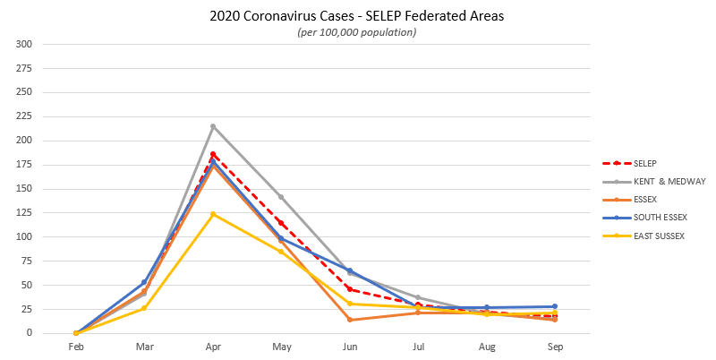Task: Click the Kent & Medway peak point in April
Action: click(x=213, y=126)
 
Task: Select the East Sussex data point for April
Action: click(x=213, y=214)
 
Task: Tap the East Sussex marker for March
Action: click(x=144, y=308)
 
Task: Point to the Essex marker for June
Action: click(x=350, y=320)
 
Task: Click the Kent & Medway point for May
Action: click(x=281, y=197)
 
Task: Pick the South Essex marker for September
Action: click(x=555, y=306)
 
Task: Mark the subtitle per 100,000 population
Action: click(x=357, y=32)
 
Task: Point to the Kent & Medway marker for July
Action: click(x=418, y=297)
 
